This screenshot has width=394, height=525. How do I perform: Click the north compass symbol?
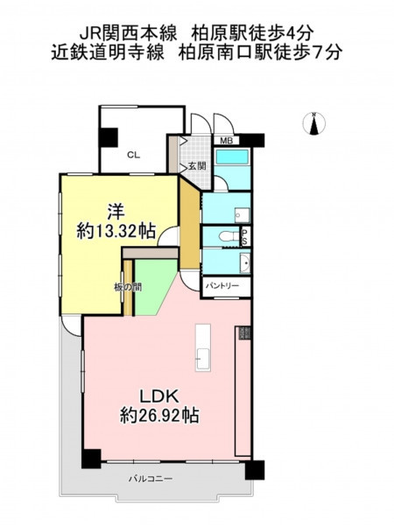click(314, 123)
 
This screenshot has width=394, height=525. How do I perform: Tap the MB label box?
click(226, 141)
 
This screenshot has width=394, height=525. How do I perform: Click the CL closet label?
click(133, 155)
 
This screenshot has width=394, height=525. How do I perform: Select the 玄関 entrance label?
click(197, 165)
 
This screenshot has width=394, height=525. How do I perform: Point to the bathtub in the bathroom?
click(232, 157)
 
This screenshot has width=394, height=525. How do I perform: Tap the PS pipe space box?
click(245, 237)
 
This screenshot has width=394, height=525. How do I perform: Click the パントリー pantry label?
click(222, 285)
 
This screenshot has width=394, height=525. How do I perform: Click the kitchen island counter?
click(203, 347)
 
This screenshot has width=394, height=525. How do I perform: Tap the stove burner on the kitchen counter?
click(244, 333)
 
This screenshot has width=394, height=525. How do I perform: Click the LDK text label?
click(158, 396)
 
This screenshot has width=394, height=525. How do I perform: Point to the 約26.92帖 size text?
click(159, 416)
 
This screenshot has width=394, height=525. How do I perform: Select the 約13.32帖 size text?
click(116, 231)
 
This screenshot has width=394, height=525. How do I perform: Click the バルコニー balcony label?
click(151, 479)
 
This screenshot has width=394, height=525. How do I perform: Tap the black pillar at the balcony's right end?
click(255, 470)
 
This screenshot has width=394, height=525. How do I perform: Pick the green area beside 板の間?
click(151, 287)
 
